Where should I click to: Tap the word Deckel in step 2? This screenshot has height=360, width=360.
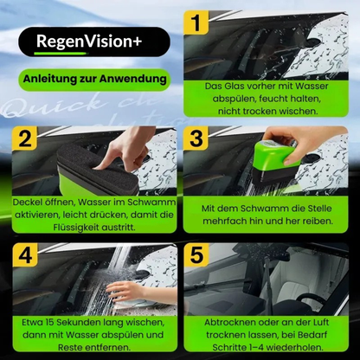click(x=31, y=201)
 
